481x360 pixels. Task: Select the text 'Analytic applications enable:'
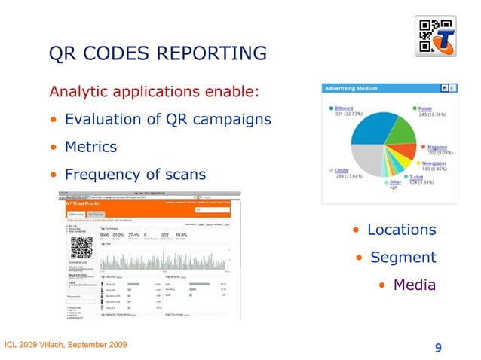pos(154,93)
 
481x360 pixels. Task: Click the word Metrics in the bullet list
pos(90,146)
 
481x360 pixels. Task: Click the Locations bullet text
pos(401,229)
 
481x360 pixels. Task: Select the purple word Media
pos(415,285)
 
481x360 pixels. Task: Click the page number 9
pos(438,347)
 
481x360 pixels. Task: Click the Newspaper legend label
pos(434,163)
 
